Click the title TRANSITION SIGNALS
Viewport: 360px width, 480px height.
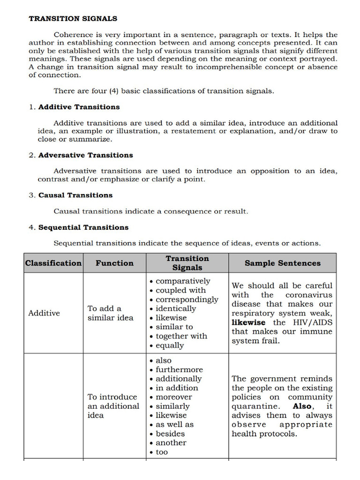click(73, 19)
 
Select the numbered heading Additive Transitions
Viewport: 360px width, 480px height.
click(79, 107)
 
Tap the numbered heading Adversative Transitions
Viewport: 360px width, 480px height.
click(85, 155)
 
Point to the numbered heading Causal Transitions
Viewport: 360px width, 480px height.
click(75, 195)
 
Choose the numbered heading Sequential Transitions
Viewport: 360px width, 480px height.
click(83, 227)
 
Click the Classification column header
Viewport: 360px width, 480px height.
click(53, 263)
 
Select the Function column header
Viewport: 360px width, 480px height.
click(114, 263)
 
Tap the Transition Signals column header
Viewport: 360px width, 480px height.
click(187, 263)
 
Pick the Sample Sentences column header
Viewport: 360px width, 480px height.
click(282, 263)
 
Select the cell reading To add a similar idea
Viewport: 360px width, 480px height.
click(110, 313)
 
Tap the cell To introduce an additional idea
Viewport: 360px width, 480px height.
click(113, 406)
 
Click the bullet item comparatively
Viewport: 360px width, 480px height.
click(182, 281)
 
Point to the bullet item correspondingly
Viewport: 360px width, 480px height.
click(187, 300)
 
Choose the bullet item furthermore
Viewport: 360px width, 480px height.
click(179, 370)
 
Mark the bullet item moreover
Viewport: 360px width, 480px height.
click(173, 397)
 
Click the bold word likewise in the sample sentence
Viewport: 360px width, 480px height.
click(248, 322)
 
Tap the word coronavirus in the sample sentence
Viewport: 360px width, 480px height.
click(308, 295)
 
